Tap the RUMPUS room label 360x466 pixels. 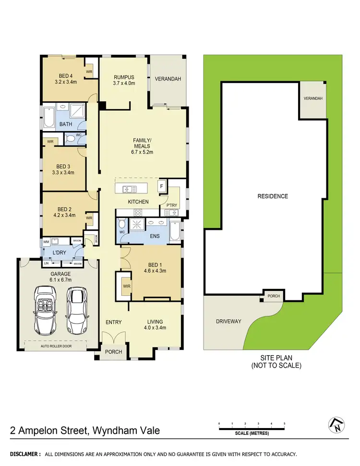124,77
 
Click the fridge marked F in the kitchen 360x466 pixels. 162,186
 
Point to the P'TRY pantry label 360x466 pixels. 172,205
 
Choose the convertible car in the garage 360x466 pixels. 46,311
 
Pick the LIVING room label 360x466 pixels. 155,322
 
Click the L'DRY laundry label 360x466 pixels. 59,252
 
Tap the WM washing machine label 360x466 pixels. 47,241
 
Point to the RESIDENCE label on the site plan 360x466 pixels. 273,196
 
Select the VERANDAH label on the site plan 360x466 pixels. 313,99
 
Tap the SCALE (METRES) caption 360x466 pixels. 252,433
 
